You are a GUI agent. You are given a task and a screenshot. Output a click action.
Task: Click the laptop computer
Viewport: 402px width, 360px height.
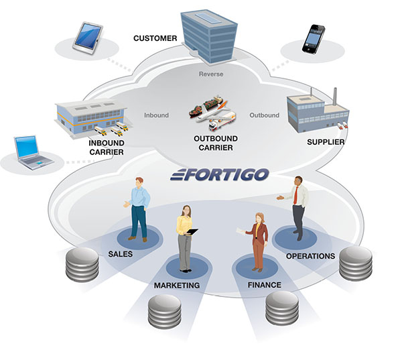[x=34, y=151]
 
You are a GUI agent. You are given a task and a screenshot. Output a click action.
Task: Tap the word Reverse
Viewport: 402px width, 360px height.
[x=211, y=74]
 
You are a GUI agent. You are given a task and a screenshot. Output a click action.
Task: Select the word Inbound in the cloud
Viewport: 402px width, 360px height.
[x=156, y=115]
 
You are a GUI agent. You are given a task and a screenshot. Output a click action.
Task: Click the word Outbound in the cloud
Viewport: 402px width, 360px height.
[x=264, y=115]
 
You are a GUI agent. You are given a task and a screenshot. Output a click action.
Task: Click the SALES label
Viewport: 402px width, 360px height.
[x=121, y=255]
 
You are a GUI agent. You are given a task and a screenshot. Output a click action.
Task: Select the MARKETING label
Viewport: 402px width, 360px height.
[x=177, y=286]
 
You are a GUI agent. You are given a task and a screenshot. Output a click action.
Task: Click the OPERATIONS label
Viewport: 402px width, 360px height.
[x=310, y=256]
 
